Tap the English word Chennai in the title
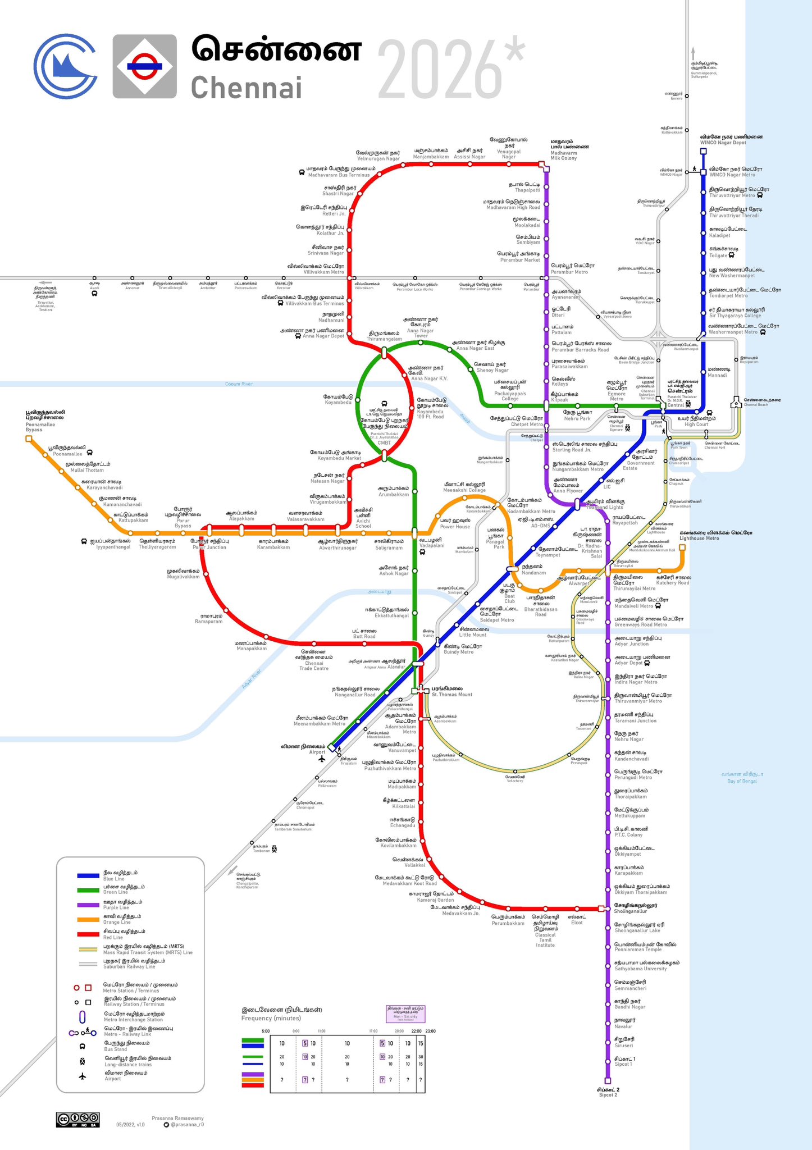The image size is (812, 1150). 247,88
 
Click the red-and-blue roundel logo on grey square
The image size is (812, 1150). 145,66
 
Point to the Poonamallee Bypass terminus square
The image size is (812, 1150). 29,439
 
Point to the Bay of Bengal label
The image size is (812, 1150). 742,778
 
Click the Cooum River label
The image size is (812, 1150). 239,384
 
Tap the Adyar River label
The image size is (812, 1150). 252,681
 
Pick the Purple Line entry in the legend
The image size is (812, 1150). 116,904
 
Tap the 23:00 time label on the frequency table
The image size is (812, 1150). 430,1031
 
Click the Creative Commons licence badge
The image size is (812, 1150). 77,1119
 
